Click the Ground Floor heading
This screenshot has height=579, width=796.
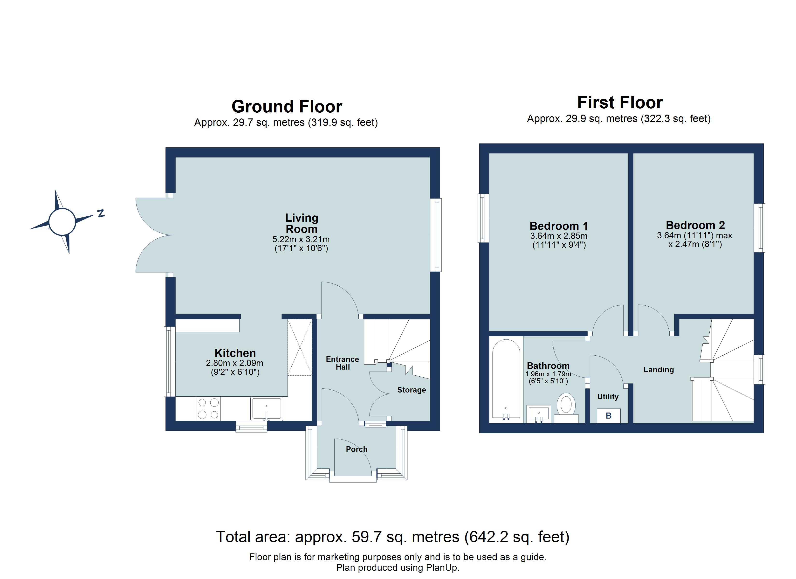[287, 106]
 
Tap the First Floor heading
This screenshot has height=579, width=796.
[620, 103]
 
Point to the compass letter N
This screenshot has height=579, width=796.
[101, 213]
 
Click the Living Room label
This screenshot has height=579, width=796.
[302, 223]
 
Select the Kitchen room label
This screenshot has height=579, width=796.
[235, 353]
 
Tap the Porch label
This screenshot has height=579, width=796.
[357, 449]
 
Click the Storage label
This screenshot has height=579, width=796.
[411, 390]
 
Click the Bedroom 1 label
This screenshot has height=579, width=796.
[559, 226]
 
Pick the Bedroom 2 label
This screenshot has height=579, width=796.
[695, 225]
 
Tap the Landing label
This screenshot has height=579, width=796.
[659, 369]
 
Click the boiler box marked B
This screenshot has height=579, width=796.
[609, 416]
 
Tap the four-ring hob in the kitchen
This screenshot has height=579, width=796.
[208, 408]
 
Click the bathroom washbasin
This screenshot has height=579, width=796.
[539, 414]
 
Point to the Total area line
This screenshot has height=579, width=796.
[392, 537]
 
